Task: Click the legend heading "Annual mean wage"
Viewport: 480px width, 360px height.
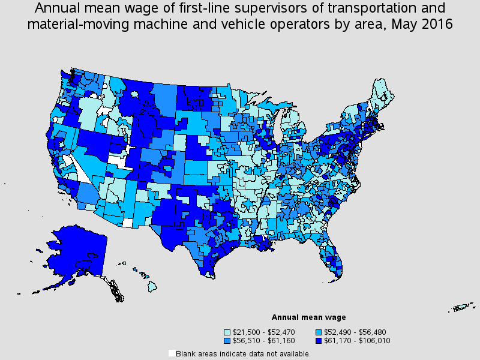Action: click(x=308, y=317)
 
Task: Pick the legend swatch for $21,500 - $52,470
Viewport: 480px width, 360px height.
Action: click(x=227, y=332)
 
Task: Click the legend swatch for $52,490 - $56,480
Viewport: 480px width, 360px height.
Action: click(x=319, y=332)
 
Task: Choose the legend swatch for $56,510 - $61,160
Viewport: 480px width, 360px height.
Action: click(x=227, y=341)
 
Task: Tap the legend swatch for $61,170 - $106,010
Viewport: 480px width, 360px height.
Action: click(x=319, y=341)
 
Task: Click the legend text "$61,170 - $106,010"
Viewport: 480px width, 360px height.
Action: click(x=357, y=341)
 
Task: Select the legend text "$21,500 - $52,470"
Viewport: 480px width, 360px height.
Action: click(x=263, y=332)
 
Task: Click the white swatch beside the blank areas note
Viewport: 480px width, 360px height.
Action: click(x=172, y=353)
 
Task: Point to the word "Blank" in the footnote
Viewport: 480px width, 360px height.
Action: click(x=185, y=354)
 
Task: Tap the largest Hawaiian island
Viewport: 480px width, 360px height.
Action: click(x=152, y=287)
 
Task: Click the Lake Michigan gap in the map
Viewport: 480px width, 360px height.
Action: click(x=278, y=125)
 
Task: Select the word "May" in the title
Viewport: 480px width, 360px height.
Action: click(x=402, y=25)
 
